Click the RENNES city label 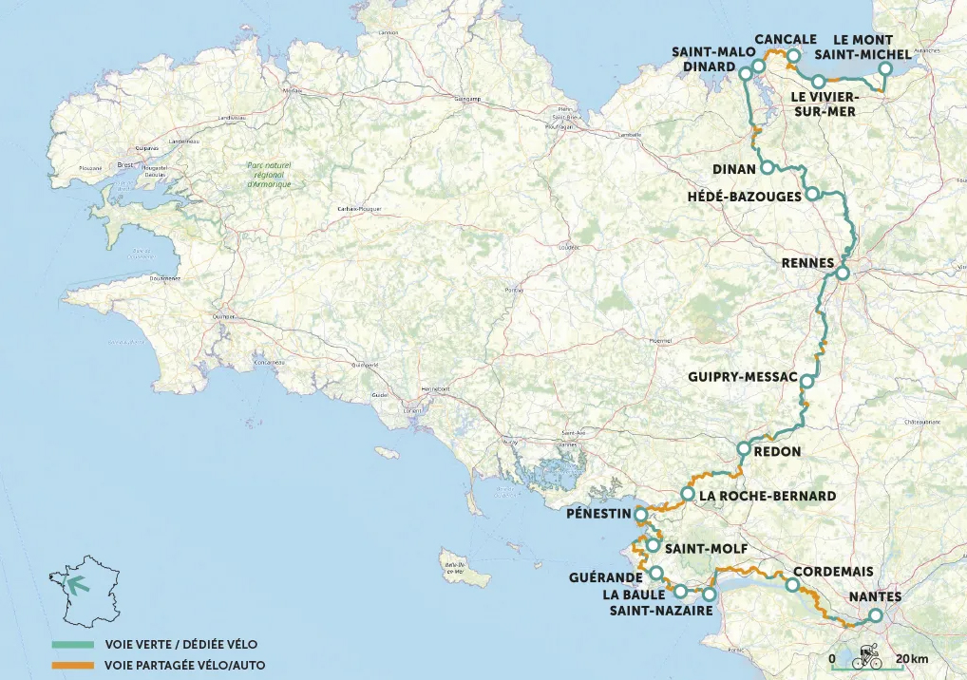805,262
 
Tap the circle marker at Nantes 875,615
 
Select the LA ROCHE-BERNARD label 768,496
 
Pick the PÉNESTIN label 597,514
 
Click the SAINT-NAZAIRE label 660,611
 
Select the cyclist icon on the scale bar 866,657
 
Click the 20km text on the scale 911,658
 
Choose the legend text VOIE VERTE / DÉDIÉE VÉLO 174,644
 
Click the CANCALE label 786,39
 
